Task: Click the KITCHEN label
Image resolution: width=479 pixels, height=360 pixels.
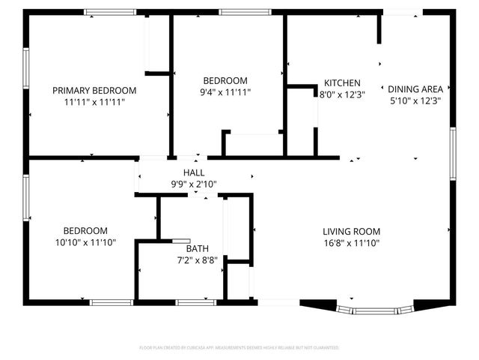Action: pos(342,83)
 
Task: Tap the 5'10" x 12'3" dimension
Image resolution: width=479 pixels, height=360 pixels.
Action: pos(414,100)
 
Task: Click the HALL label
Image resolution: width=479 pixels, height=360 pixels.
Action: pos(184,172)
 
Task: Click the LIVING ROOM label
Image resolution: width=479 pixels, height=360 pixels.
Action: pos(352,231)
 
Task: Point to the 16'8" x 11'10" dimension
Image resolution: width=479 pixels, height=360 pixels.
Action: pos(352,242)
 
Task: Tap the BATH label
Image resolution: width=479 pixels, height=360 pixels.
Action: pos(197,248)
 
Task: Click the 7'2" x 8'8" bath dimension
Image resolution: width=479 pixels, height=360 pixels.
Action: pos(197,259)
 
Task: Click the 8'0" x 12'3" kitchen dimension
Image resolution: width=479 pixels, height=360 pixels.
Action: pos(342,95)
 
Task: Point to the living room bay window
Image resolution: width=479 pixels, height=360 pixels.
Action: pos(374,308)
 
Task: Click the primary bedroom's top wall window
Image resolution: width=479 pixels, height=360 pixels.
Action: pos(110,12)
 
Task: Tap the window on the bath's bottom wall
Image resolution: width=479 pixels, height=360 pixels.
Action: pos(196,302)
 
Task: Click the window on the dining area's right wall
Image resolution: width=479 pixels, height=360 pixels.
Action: pos(453,154)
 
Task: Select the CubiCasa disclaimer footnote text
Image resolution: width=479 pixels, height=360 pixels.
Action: pos(239,348)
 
